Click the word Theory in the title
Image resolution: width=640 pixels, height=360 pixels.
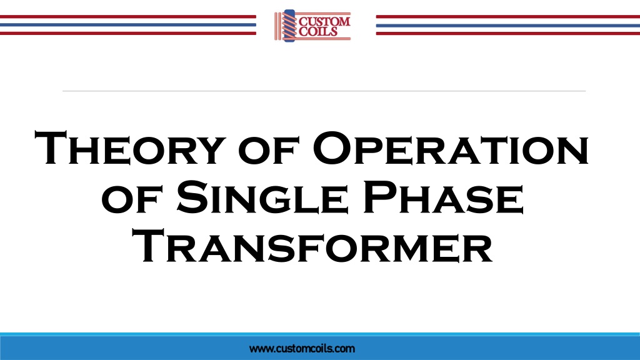[130, 147]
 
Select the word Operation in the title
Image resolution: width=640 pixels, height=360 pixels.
[451, 147]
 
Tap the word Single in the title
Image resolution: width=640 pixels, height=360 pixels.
[262, 197]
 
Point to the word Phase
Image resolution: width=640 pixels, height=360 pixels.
[443, 197]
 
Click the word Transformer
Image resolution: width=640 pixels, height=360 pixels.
[312, 246]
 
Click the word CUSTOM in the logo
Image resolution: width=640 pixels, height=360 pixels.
[324, 21]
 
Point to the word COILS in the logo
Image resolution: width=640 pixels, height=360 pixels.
[318, 31]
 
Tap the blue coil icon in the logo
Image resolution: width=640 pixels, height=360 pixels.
[289, 26]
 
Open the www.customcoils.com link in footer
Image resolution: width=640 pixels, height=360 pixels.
[302, 349]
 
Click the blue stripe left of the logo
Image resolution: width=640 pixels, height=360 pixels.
[127, 25]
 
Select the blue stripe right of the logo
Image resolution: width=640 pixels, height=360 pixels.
[507, 25]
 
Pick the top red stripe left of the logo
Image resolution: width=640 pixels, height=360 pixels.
[127, 17]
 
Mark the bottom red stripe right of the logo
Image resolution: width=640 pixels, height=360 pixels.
[507, 34]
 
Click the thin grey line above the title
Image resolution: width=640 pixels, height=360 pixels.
[324, 91]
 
